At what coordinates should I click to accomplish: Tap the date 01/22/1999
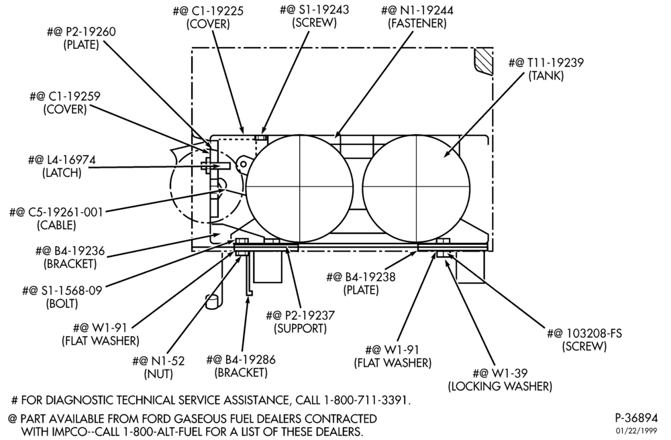(x=636, y=430)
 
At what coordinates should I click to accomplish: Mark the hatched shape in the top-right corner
(x=482, y=62)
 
